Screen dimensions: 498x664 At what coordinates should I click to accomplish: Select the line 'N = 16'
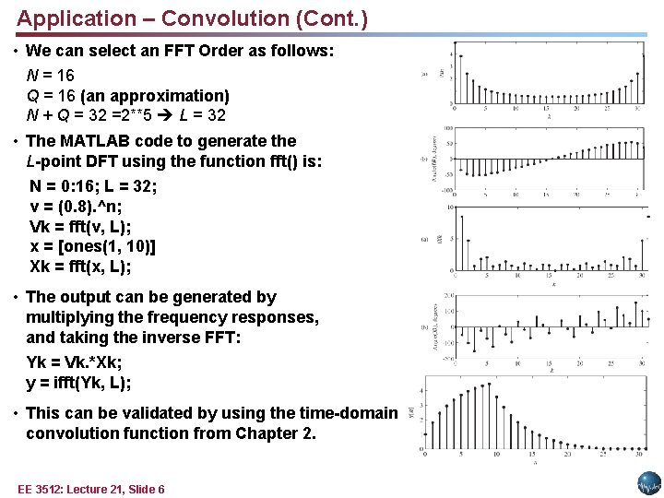(51, 75)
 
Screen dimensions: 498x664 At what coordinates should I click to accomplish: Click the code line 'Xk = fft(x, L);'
(81, 267)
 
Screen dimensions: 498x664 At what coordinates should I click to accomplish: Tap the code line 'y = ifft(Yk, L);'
(79, 383)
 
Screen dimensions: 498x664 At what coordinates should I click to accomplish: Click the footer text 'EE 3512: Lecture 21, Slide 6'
(91, 489)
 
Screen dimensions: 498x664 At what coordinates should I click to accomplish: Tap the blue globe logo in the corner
(649, 483)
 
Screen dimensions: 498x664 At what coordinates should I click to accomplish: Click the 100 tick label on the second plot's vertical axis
(446, 129)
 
